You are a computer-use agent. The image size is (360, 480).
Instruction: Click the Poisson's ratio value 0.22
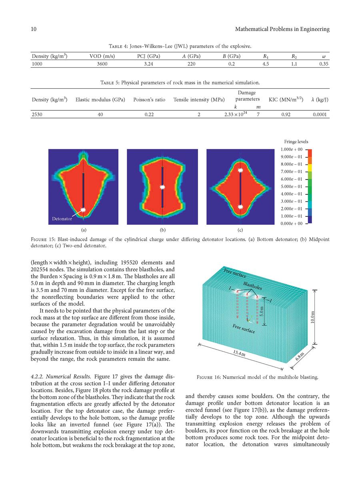149,114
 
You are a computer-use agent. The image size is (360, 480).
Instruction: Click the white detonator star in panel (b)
162,187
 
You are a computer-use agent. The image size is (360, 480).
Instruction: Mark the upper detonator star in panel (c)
240,170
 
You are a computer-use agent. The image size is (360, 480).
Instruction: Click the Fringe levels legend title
296,142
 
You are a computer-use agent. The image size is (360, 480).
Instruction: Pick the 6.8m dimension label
300,356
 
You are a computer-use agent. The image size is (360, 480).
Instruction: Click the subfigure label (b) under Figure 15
162,230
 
